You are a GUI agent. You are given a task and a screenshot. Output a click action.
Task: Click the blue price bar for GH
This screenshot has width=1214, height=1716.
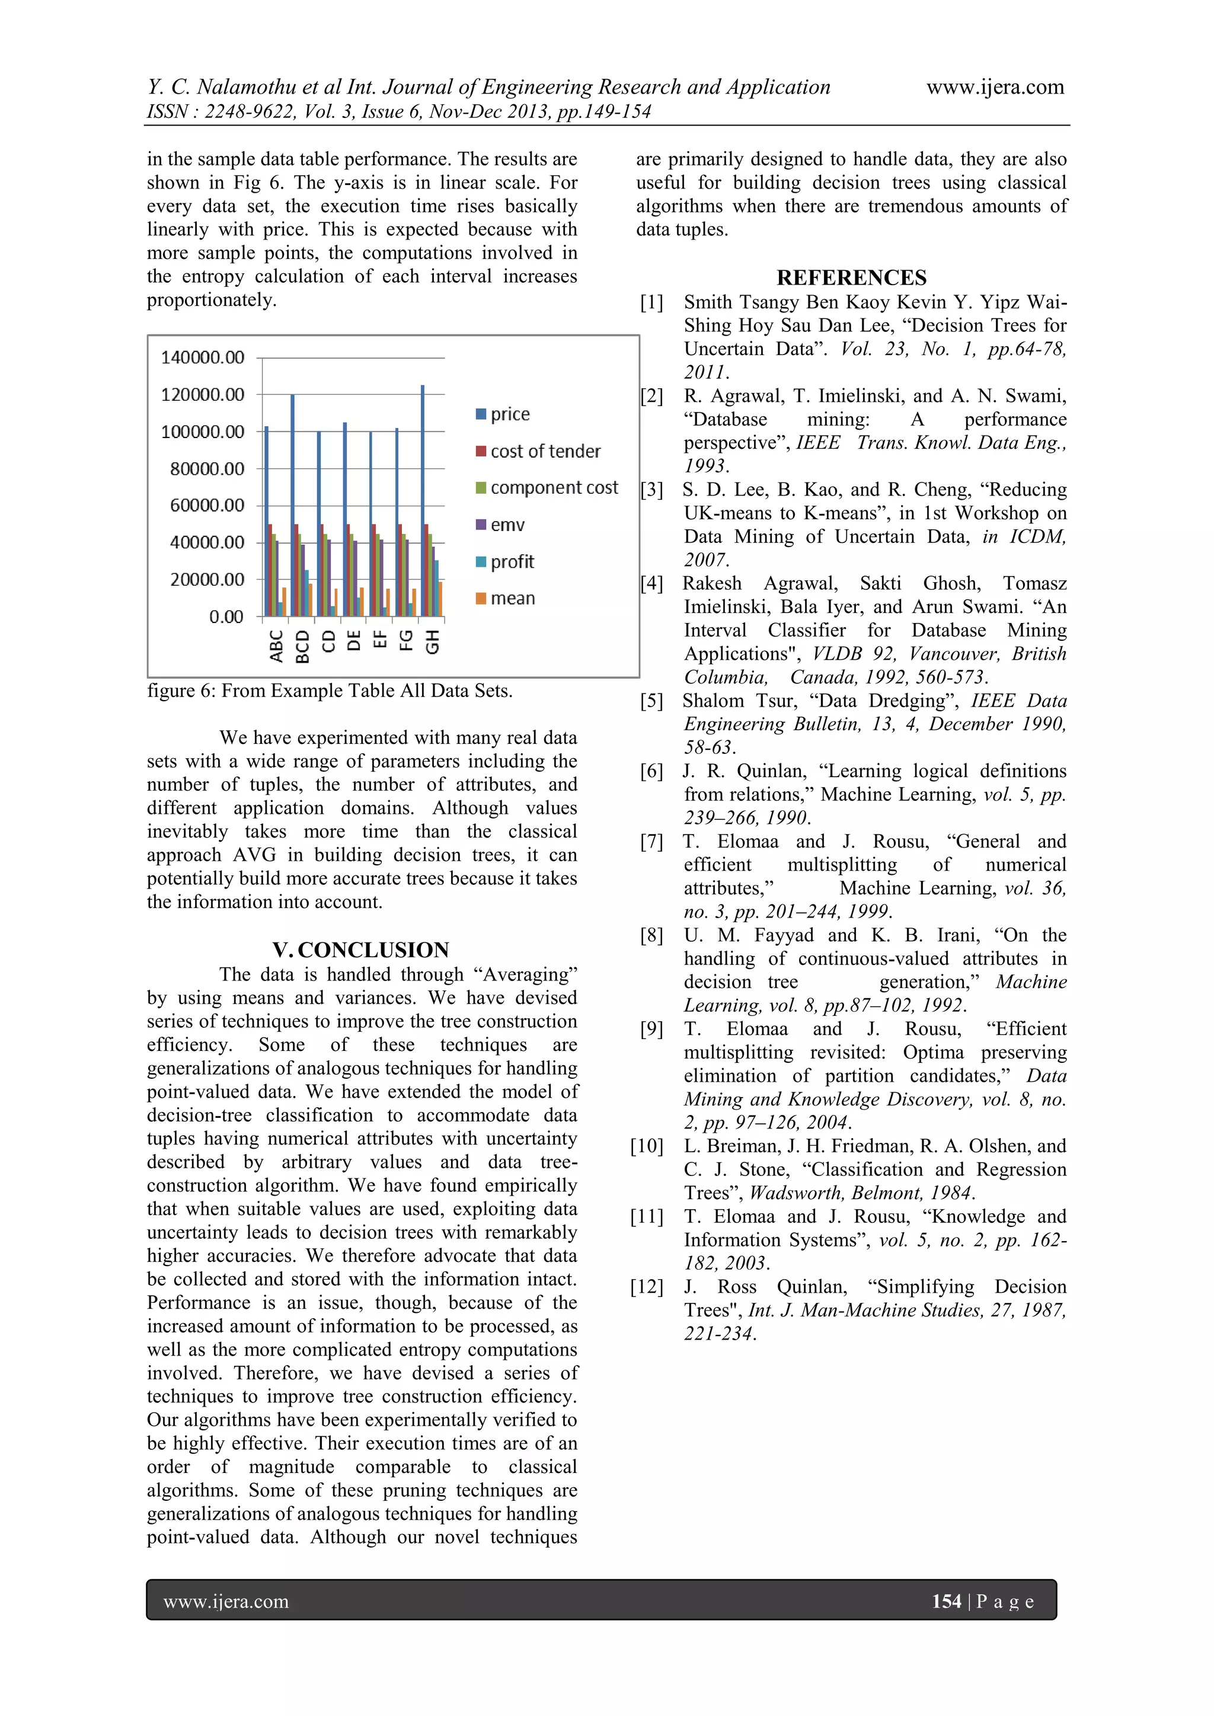[x=423, y=501]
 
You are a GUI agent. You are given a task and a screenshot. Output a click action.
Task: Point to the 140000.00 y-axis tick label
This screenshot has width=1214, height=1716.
[x=203, y=357]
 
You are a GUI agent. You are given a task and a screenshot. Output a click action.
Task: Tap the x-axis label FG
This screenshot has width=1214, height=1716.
[x=406, y=641]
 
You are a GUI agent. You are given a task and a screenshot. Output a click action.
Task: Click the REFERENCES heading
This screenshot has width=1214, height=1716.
[x=851, y=277]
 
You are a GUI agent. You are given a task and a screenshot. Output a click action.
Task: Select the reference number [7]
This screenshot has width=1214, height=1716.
[x=651, y=842]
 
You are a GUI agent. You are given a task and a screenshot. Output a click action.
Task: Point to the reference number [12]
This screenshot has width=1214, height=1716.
[x=647, y=1286]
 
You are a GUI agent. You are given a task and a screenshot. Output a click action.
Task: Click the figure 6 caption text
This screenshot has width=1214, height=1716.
[x=330, y=691]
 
